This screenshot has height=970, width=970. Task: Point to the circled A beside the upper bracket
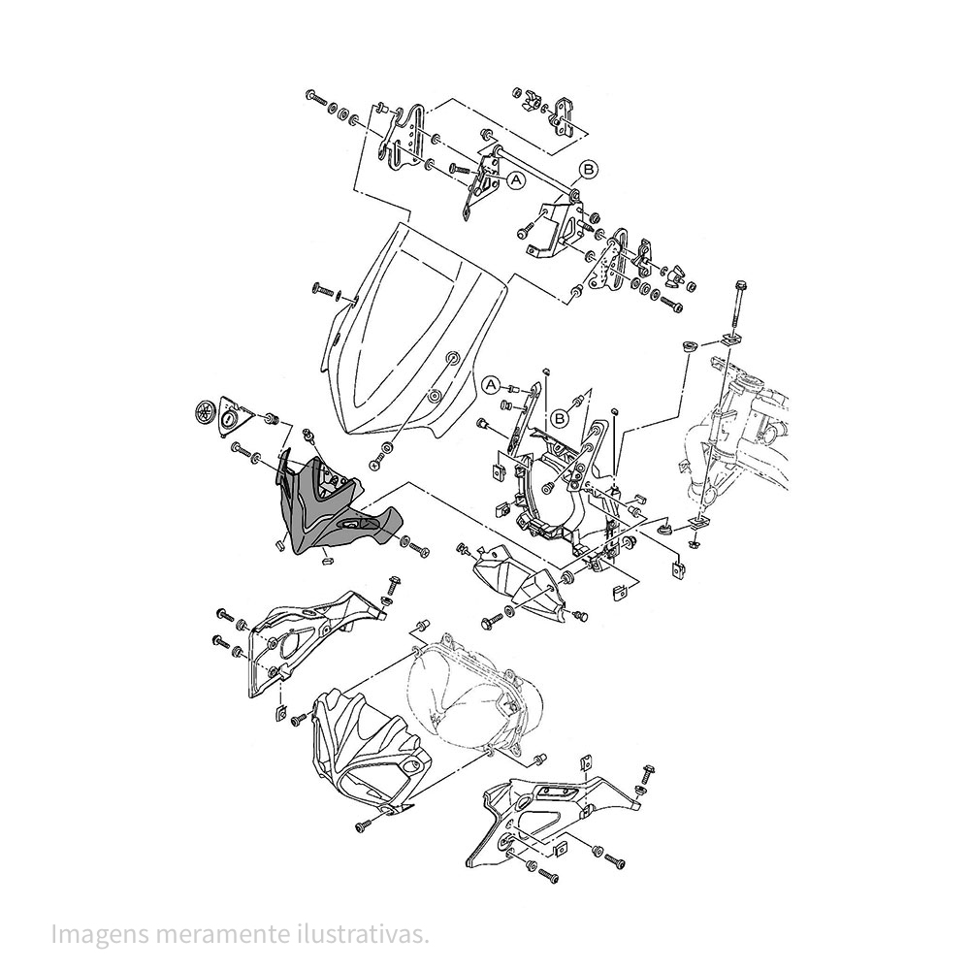pyautogui.click(x=516, y=179)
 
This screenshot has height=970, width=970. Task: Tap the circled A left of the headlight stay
pyautogui.click(x=491, y=384)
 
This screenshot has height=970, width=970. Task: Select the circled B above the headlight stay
pyautogui.click(x=560, y=418)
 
